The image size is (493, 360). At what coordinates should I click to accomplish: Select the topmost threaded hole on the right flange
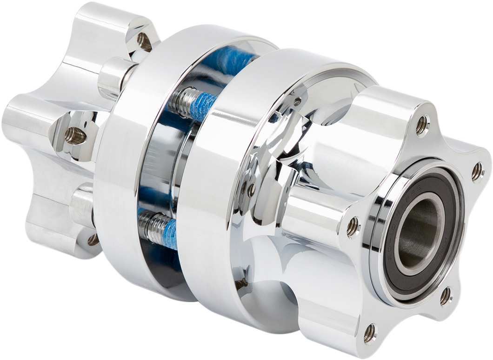click(421, 124)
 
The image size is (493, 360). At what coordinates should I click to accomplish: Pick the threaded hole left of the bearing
click(353, 227)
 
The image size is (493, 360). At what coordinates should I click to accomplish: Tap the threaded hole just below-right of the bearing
click(445, 296)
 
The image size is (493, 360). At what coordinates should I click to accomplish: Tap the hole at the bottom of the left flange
click(93, 239)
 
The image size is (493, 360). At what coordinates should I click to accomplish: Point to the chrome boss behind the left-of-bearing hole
click(321, 209)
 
